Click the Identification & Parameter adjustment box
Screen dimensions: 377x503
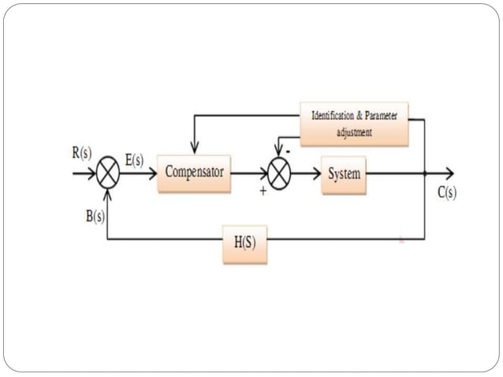pyautogui.click(x=354, y=124)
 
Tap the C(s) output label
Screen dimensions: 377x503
pyautogui.click(x=447, y=192)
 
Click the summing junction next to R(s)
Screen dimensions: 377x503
pyautogui.click(x=108, y=174)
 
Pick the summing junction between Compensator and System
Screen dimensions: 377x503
pyautogui.click(x=278, y=174)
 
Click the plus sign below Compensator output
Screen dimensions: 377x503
pyautogui.click(x=263, y=191)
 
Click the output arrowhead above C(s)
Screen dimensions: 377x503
pyautogui.click(x=449, y=174)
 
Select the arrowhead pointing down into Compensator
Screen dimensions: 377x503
pyautogui.click(x=194, y=147)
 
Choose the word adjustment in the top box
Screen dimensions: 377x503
pyautogui.click(x=354, y=133)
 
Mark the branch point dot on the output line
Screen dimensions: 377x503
pyautogui.click(x=424, y=174)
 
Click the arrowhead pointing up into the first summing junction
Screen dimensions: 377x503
pyautogui.click(x=108, y=193)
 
